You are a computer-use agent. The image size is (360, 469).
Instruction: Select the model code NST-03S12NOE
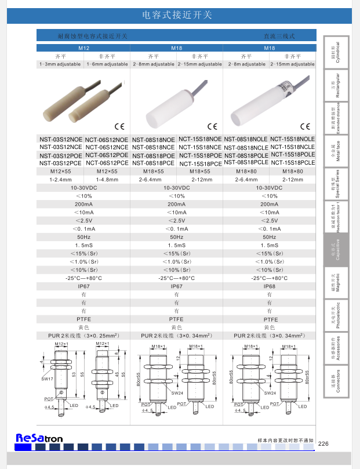pyautogui.click(x=60, y=140)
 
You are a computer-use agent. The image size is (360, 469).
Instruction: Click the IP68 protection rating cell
pyautogui.click(x=270, y=286)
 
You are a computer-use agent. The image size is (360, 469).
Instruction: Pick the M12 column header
pyautogui.click(x=83, y=48)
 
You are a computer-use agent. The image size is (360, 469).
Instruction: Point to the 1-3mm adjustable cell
pyautogui.click(x=60, y=64)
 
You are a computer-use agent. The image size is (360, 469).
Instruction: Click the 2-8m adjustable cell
pyautogui.click(x=246, y=64)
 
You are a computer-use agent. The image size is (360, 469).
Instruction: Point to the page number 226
pyautogui.click(x=323, y=443)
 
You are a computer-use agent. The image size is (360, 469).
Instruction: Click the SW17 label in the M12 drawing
pyautogui.click(x=47, y=379)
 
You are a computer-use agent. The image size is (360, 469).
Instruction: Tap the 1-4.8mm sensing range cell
pyautogui.click(x=107, y=180)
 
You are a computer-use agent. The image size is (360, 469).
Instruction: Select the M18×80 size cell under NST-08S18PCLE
pyautogui.click(x=246, y=172)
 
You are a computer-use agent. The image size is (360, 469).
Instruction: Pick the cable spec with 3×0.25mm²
pyautogui.click(x=83, y=335)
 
